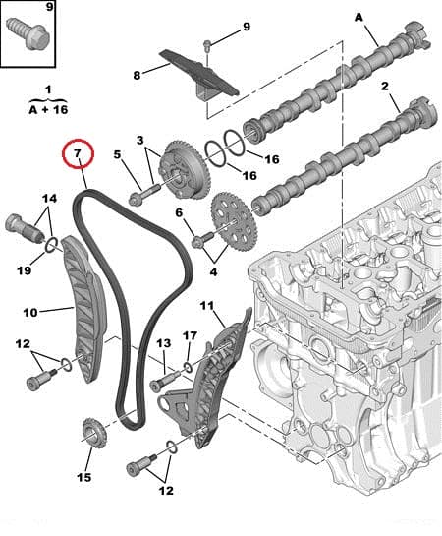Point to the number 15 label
[x=83, y=477]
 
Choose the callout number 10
[x=30, y=312]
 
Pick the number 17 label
[x=190, y=336]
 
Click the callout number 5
[x=117, y=154]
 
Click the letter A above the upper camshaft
[x=359, y=17]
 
